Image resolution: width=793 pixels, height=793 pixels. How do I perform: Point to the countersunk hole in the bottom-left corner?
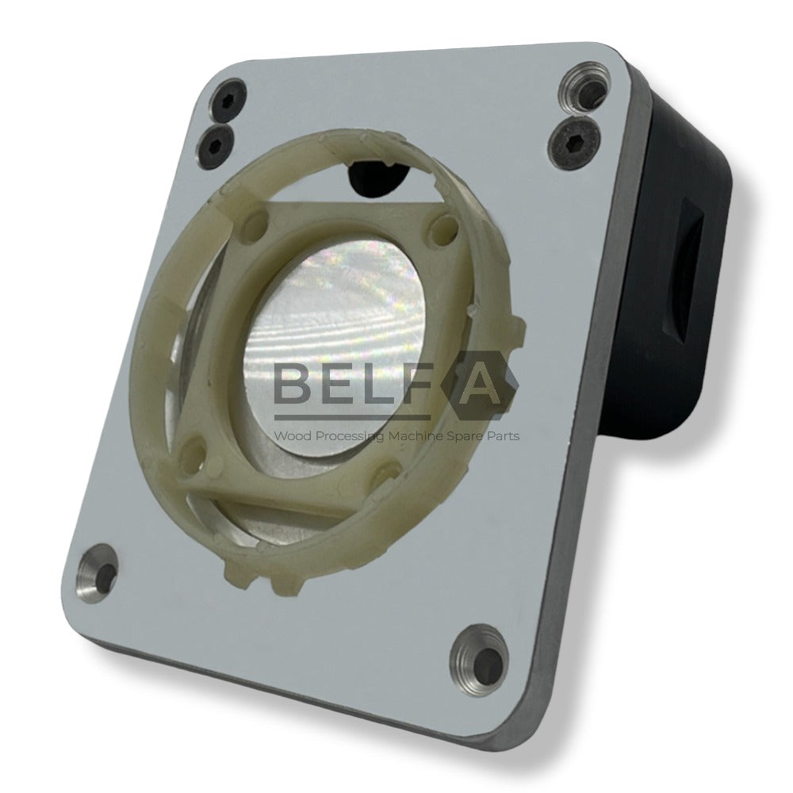98,570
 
